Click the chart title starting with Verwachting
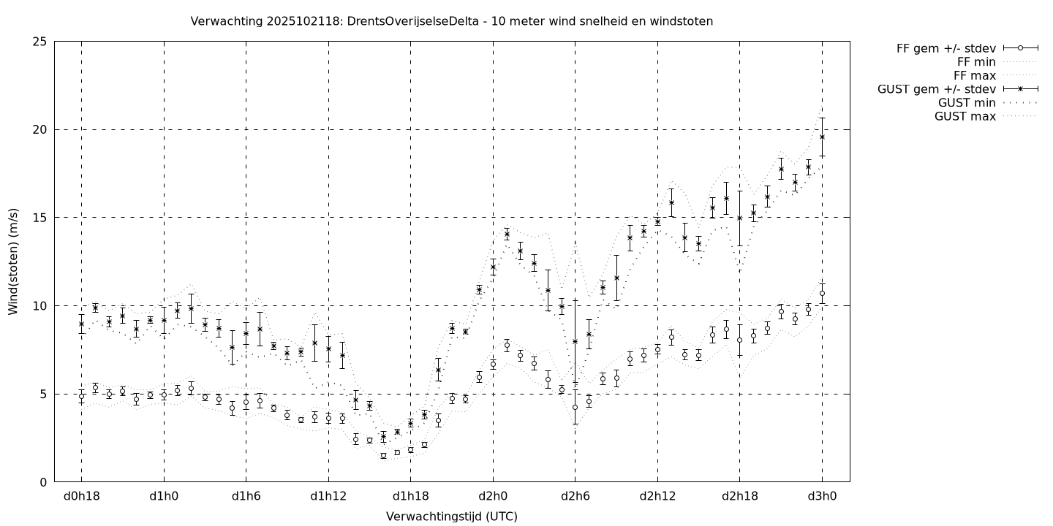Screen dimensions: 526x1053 451,21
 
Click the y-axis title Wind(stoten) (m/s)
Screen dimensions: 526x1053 13,262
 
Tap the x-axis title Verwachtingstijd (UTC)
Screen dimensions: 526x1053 451,517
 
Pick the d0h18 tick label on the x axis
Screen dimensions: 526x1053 81,497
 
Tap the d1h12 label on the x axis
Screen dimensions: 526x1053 328,497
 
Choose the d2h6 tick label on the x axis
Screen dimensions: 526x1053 575,497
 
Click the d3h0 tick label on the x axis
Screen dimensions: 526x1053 822,497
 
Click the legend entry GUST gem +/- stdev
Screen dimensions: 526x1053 936,89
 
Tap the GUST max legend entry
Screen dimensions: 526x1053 965,116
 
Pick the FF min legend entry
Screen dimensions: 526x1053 975,62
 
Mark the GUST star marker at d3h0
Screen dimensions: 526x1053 822,137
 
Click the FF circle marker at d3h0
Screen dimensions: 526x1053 822,293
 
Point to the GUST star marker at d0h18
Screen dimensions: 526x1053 81,324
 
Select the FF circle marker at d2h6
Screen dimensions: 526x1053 575,407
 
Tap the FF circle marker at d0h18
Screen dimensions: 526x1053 81,396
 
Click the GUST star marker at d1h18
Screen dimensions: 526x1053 410,423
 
